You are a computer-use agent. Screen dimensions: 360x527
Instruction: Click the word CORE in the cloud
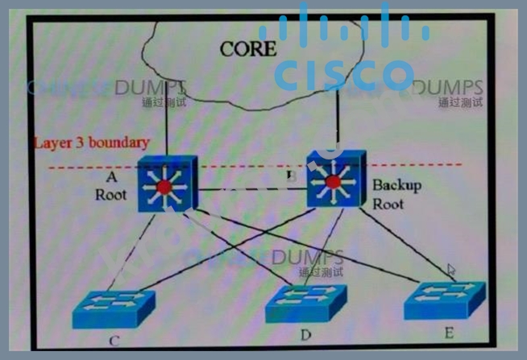(247, 48)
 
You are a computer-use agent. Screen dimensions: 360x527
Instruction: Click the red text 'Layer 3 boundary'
(91, 143)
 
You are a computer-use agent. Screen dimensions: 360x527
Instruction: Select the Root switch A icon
(164, 184)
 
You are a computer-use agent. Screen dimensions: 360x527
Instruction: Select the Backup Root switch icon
(333, 181)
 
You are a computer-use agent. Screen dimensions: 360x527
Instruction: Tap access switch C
(114, 307)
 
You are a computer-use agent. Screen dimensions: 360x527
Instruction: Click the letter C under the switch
(114, 341)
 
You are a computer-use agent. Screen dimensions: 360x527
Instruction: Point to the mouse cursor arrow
(451, 271)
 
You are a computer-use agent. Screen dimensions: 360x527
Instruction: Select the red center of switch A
(164, 187)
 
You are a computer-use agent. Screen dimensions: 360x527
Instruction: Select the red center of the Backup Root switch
(333, 182)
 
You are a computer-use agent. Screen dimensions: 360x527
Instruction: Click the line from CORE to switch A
(165, 121)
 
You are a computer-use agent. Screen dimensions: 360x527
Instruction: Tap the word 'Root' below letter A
(111, 194)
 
